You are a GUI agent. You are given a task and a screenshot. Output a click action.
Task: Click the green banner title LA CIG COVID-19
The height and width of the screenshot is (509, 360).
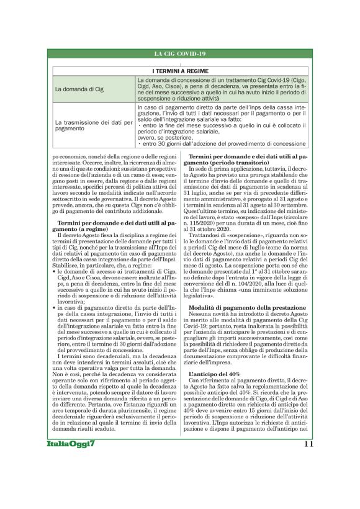click(179, 55)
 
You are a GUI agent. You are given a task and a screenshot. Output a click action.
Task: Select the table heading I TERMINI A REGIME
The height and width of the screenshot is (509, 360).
click(179, 71)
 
